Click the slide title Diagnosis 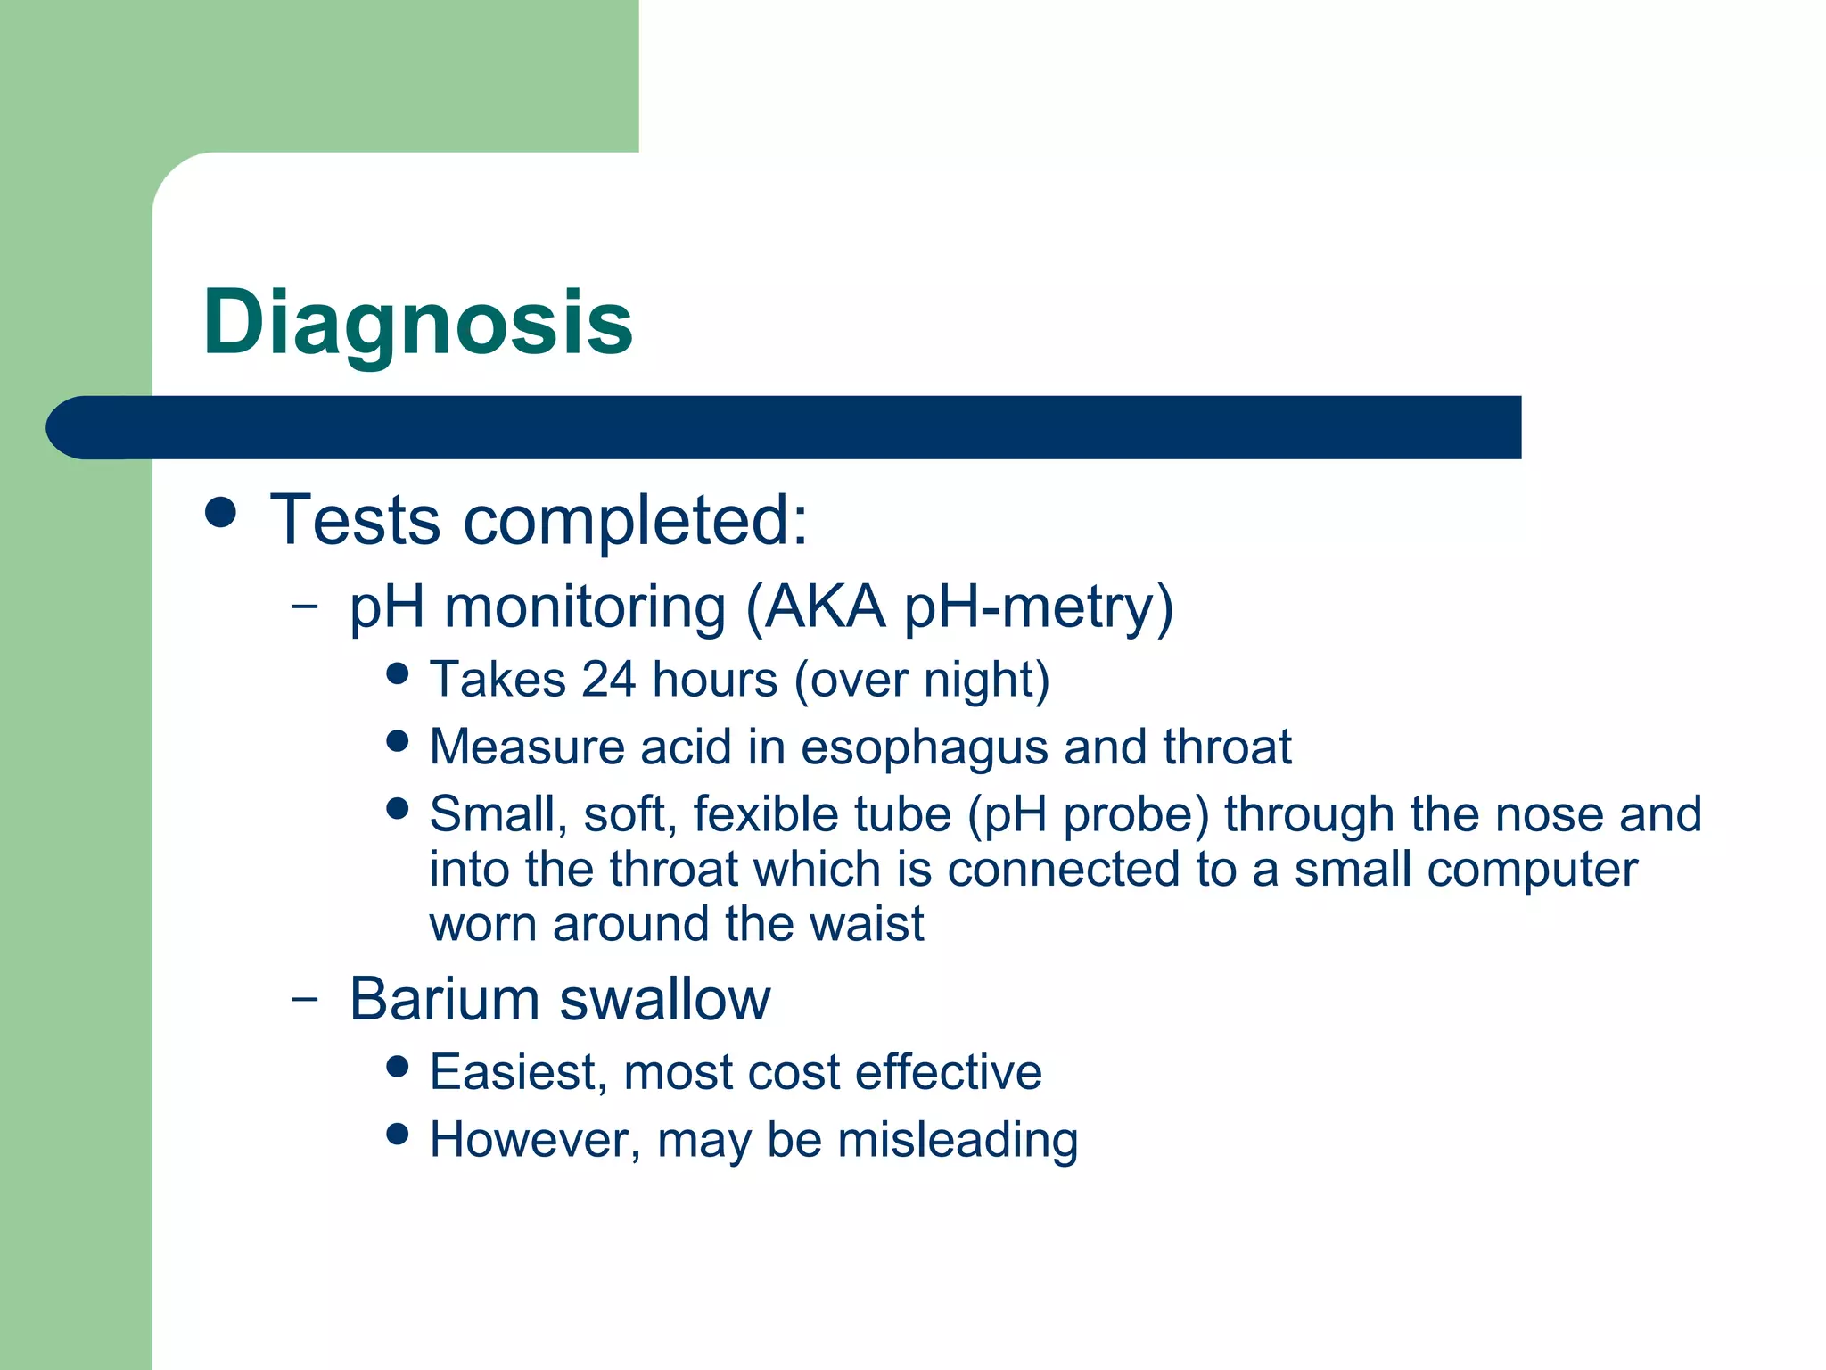(417, 323)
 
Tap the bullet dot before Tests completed (220, 512)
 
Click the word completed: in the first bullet (635, 520)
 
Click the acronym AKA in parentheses (825, 608)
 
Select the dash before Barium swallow (304, 998)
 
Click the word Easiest (518, 1072)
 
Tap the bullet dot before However (398, 1135)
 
